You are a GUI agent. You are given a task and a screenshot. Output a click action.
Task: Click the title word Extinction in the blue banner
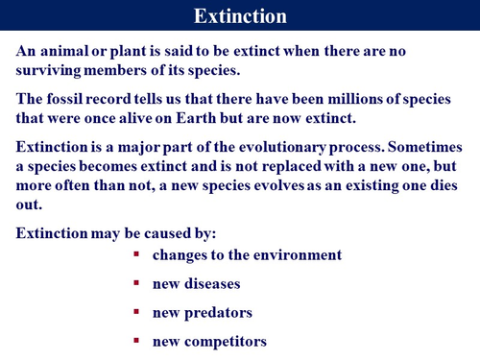pos(240,16)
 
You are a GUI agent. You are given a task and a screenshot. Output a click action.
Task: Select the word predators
pos(218,313)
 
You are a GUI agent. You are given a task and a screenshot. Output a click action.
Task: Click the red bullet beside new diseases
pos(137,283)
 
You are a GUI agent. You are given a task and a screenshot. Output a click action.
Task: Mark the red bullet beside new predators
pos(137,312)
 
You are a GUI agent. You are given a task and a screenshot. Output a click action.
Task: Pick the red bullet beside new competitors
pos(137,341)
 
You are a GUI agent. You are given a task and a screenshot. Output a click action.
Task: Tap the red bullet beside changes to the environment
pos(137,254)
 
